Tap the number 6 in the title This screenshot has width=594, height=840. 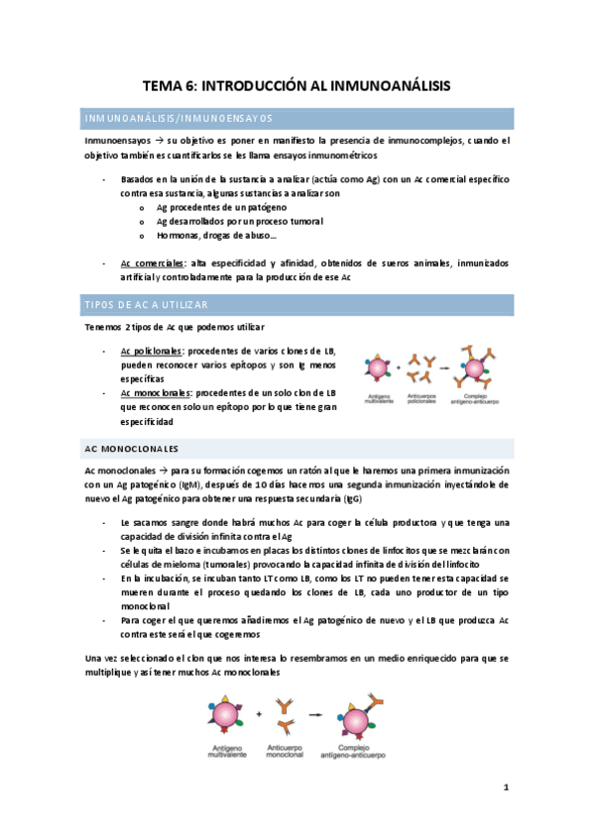click(x=191, y=87)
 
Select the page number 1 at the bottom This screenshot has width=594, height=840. click(x=506, y=787)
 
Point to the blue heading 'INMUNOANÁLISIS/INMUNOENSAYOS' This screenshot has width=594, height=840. click(x=178, y=119)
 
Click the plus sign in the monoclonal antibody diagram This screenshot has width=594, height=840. click(x=259, y=712)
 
